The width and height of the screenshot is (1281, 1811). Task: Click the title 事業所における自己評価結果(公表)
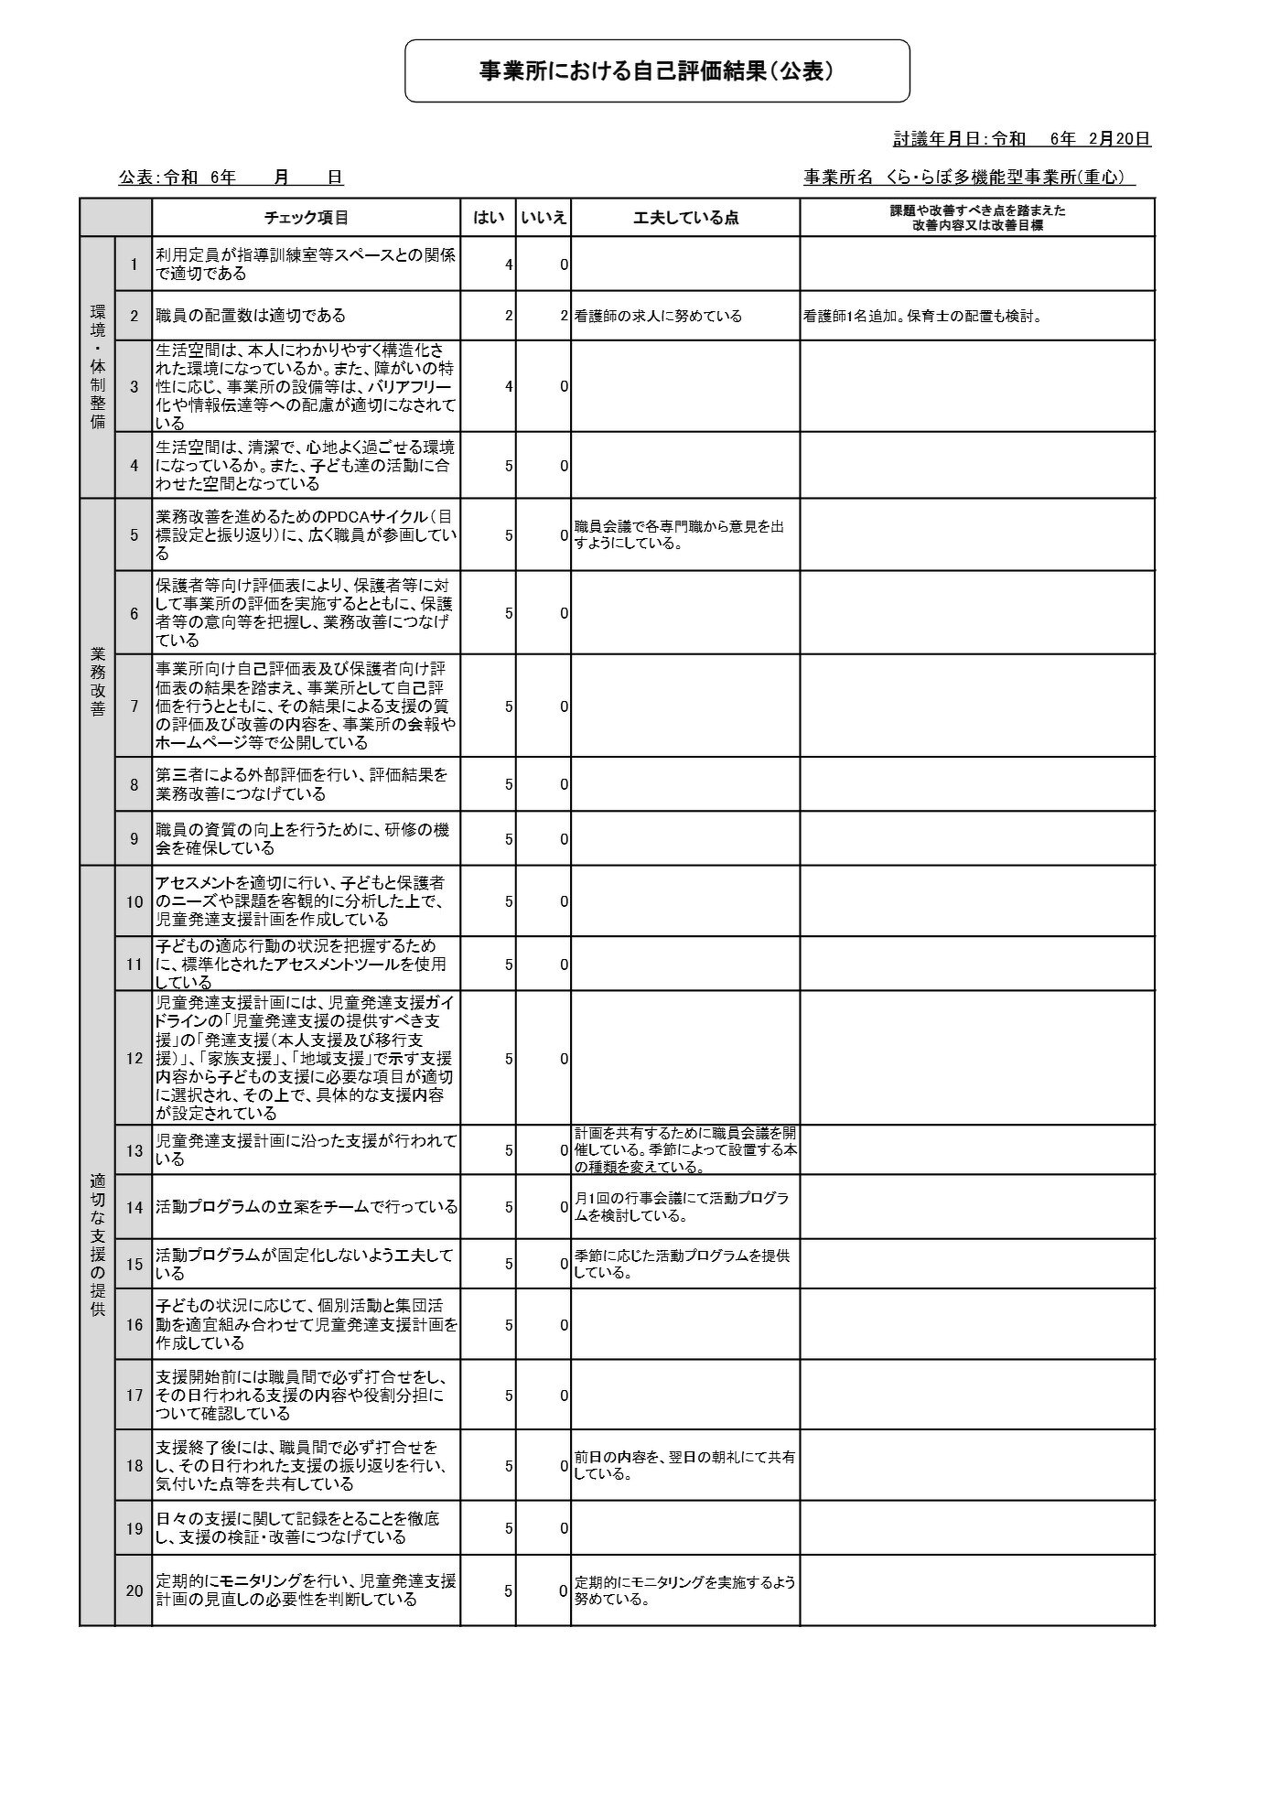(657, 71)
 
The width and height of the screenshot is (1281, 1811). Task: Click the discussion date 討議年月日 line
(1021, 139)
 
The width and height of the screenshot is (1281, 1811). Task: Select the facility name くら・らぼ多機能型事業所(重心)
(969, 178)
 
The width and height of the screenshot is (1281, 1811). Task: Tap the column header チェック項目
(306, 218)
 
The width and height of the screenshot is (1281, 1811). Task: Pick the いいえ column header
(544, 218)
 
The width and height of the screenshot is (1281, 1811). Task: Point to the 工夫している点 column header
(685, 218)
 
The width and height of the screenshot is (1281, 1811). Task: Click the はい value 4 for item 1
(508, 264)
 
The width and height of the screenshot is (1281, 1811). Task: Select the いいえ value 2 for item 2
(564, 316)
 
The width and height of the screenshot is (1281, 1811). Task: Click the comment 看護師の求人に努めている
(658, 317)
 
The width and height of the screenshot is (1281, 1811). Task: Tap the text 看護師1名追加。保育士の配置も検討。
(923, 317)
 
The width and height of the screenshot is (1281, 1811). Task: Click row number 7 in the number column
(135, 706)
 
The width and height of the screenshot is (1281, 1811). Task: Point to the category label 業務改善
(98, 682)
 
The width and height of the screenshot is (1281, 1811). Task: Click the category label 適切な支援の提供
(98, 1245)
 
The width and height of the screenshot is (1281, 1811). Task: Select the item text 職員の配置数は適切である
(251, 316)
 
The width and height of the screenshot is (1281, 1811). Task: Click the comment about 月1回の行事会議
(682, 1207)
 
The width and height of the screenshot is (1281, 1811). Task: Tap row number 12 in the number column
(135, 1059)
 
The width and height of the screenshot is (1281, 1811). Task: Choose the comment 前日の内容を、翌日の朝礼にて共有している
(684, 1466)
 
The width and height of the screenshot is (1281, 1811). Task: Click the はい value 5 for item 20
(508, 1591)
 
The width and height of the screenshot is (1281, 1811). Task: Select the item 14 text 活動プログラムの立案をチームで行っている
(306, 1207)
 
